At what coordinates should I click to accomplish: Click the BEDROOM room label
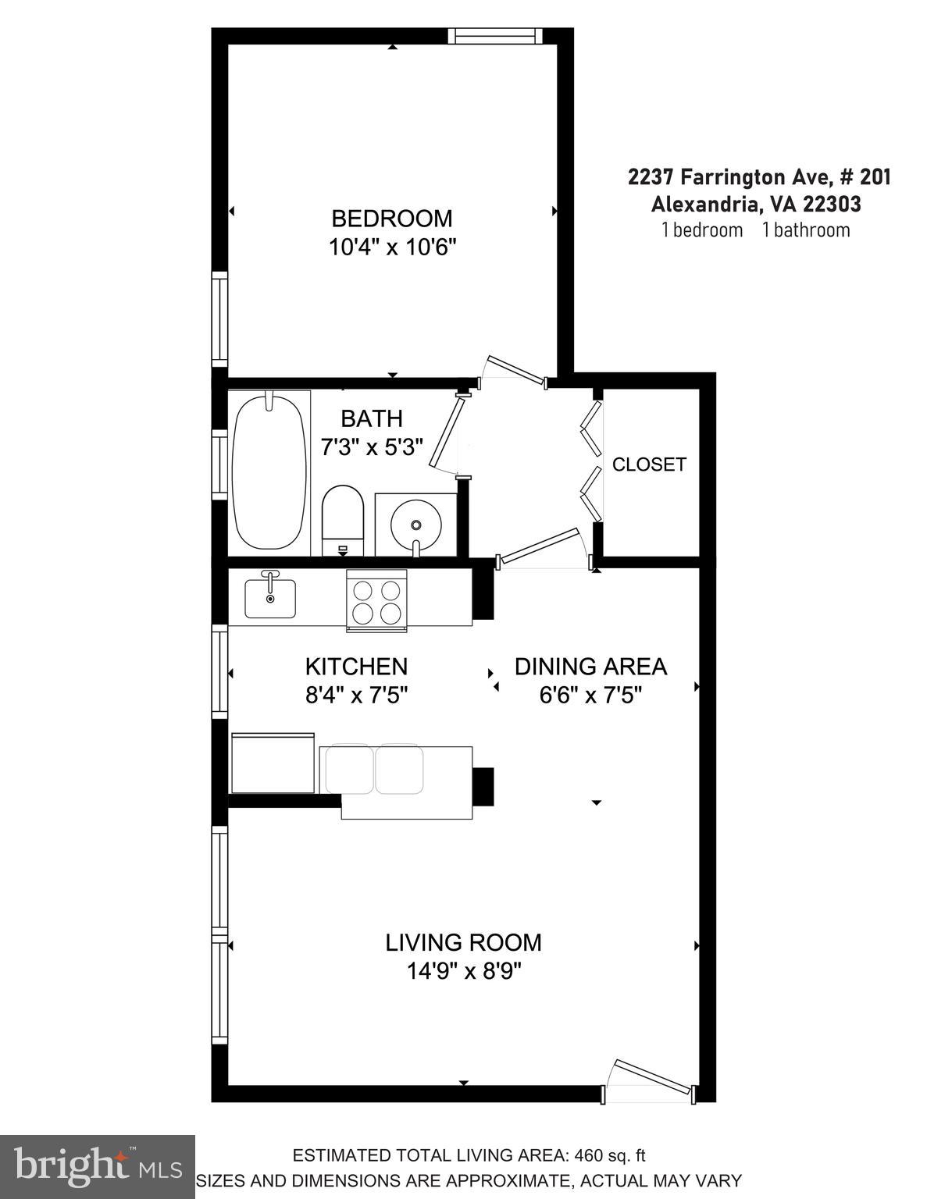(391, 219)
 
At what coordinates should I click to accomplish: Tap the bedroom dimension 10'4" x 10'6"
(391, 247)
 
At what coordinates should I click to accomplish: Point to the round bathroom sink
(416, 525)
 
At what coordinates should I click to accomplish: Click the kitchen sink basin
(270, 598)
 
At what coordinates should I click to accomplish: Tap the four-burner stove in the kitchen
(376, 599)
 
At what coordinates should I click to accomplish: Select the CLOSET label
(649, 464)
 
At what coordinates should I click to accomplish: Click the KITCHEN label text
(356, 667)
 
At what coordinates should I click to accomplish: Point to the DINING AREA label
(590, 667)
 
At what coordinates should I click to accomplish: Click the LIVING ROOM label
(463, 942)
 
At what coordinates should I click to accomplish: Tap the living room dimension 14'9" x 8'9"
(463, 972)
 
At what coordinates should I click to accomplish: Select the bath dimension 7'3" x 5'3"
(372, 447)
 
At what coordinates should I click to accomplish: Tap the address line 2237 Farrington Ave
(758, 177)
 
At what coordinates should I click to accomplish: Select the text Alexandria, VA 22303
(756, 204)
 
